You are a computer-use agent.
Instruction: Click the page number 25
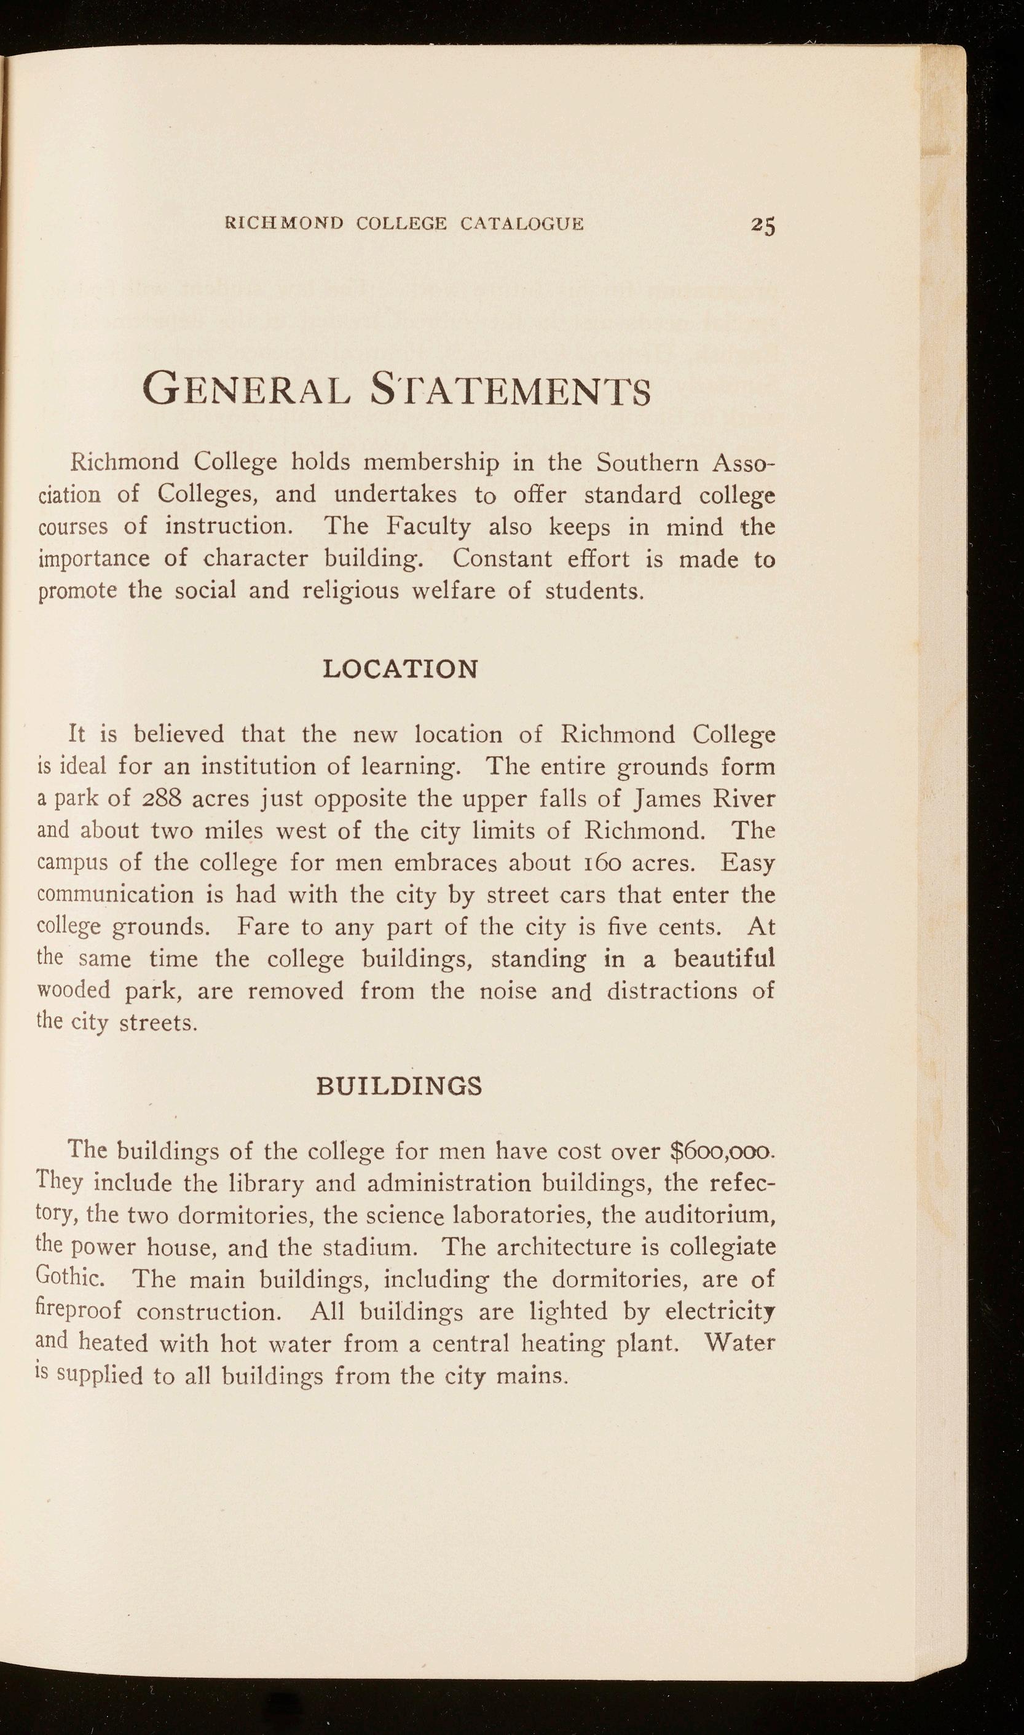pyautogui.click(x=763, y=225)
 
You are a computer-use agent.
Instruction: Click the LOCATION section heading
pyautogui.click(x=400, y=669)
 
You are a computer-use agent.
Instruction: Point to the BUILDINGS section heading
pyautogui.click(x=400, y=1086)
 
